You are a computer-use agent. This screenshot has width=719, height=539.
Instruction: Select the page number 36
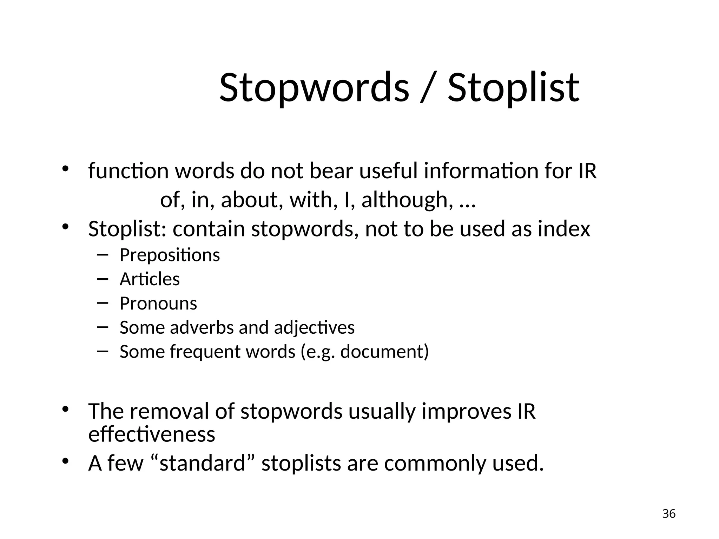click(x=669, y=514)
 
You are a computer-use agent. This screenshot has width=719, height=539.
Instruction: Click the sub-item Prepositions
click(x=170, y=255)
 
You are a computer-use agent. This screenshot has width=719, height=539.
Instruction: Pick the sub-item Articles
click(x=150, y=279)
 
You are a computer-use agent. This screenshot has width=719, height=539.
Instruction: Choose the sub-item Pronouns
click(x=158, y=304)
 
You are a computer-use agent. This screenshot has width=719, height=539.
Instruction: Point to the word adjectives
click(x=314, y=328)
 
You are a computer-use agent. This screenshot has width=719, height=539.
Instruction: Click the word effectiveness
click(x=152, y=434)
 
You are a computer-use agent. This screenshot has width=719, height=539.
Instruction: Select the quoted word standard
click(x=202, y=463)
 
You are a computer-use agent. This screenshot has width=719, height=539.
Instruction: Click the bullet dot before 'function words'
click(x=65, y=169)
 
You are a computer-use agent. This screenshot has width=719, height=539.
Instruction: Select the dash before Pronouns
click(x=102, y=303)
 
